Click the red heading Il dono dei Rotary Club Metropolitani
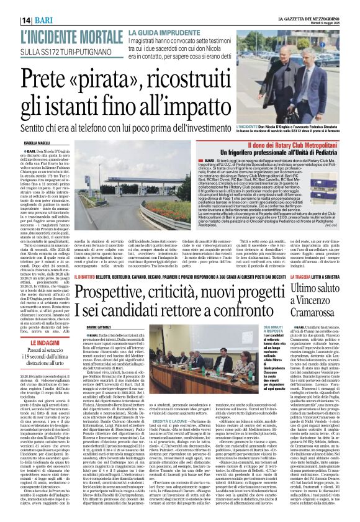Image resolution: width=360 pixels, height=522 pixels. point(281,145)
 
